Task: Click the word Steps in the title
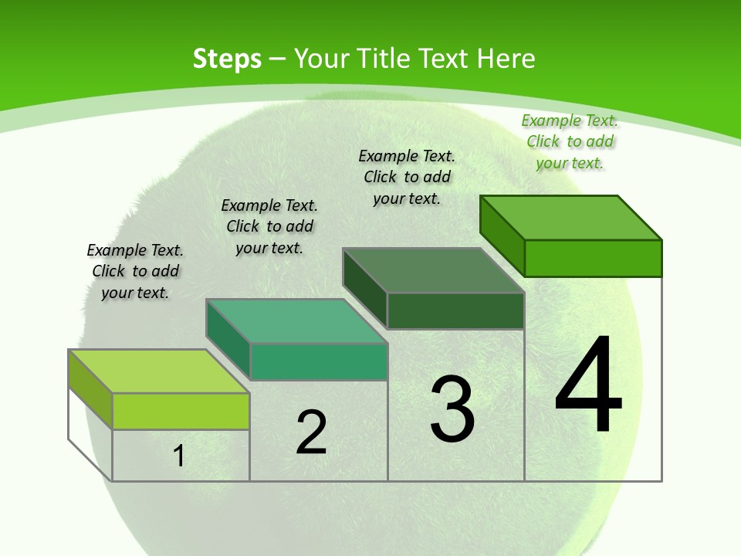pyautogui.click(x=227, y=59)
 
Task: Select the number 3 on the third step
pyautogui.click(x=452, y=409)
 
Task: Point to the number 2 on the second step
pyautogui.click(x=311, y=432)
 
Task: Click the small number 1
pyautogui.click(x=179, y=456)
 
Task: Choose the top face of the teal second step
pyautogui.click(x=296, y=321)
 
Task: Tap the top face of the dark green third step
pyautogui.click(x=434, y=270)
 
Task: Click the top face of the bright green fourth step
pyautogui.click(x=571, y=218)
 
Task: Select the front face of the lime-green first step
pyautogui.click(x=181, y=411)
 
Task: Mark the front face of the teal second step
pyautogui.click(x=318, y=361)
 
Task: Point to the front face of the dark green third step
pyautogui.click(x=455, y=310)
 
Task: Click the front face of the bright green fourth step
pyautogui.click(x=593, y=258)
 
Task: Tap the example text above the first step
pyautogui.click(x=135, y=271)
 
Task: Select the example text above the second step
pyautogui.click(x=269, y=226)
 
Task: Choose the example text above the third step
pyautogui.click(x=407, y=177)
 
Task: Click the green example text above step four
pyautogui.click(x=570, y=141)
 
